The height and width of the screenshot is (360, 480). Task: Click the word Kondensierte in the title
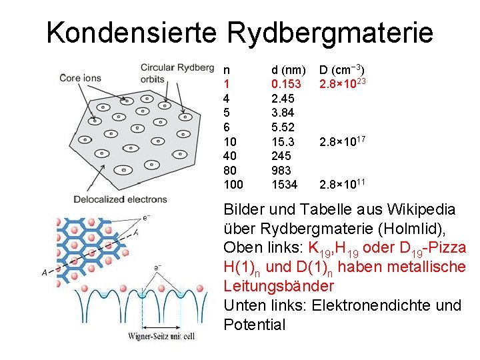131,32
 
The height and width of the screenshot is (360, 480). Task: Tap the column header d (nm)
288,70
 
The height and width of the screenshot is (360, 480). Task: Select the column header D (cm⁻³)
341,70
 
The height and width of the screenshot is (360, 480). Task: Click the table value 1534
284,184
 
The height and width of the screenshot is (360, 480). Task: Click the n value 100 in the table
233,184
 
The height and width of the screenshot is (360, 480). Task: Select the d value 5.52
283,127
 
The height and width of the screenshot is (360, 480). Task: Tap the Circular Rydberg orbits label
167,73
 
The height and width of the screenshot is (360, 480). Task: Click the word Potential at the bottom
254,325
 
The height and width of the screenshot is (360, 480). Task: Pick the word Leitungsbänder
279,286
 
